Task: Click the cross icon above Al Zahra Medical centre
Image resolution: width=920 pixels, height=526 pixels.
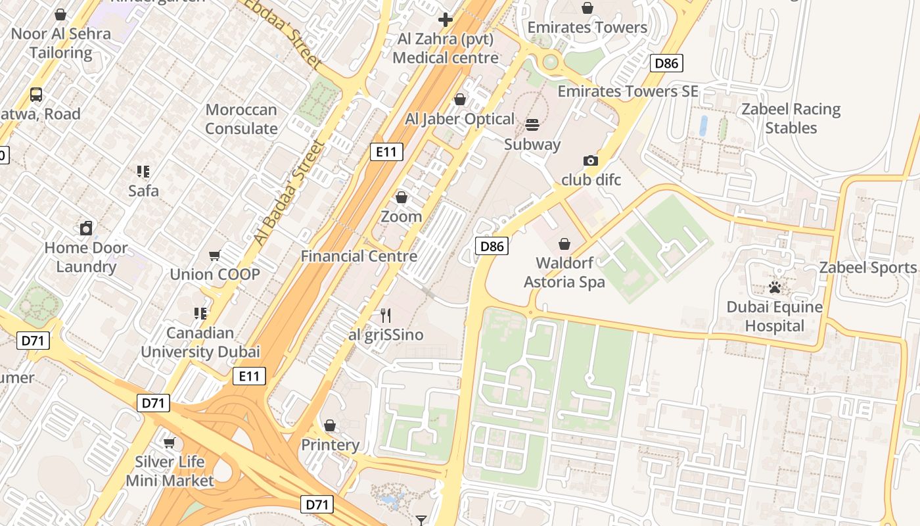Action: click(x=446, y=19)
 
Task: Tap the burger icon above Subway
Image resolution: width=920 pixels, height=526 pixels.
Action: click(x=532, y=124)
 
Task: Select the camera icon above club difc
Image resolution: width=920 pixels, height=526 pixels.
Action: click(x=590, y=160)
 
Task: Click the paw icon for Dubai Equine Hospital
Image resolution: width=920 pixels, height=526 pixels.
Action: click(x=775, y=287)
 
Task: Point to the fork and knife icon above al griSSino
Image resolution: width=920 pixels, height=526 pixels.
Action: click(x=386, y=316)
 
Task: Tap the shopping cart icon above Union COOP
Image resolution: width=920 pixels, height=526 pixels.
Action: click(x=214, y=255)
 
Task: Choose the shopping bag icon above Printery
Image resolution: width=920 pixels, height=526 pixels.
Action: click(x=330, y=425)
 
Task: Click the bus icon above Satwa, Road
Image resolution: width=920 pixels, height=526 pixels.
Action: click(x=36, y=95)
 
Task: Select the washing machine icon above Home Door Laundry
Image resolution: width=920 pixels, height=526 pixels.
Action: click(x=86, y=228)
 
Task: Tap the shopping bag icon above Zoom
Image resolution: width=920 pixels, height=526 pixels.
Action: click(x=401, y=197)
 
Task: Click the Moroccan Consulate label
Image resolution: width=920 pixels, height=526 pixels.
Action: click(x=241, y=119)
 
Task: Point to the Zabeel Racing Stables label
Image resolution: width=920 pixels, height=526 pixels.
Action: click(x=791, y=118)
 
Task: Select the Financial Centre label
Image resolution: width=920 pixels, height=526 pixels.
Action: click(x=359, y=256)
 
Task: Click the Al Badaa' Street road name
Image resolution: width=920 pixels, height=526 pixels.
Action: click(x=289, y=193)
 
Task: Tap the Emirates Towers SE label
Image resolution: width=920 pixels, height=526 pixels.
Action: click(x=628, y=91)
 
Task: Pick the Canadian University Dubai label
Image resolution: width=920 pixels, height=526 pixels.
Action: click(x=200, y=342)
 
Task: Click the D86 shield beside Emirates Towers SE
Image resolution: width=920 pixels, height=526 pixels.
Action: click(x=666, y=63)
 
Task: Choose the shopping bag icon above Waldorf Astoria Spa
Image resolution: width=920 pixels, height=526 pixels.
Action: click(x=564, y=244)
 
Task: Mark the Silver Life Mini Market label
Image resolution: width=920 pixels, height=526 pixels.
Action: click(x=170, y=471)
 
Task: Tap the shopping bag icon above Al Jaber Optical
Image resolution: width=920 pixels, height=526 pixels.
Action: click(x=460, y=99)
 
